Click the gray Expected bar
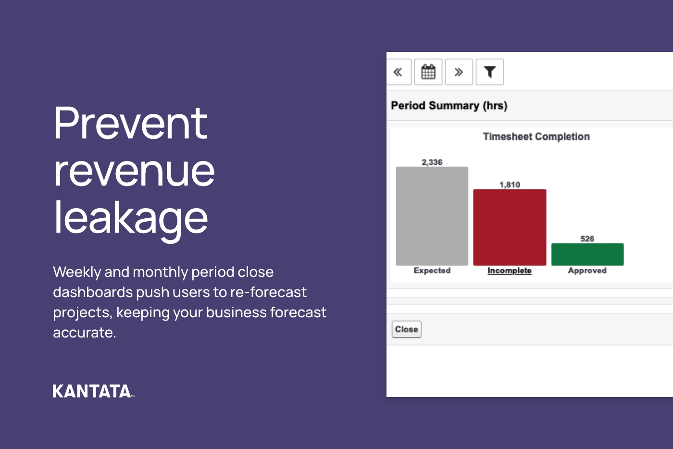click(x=432, y=216)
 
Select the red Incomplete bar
click(x=510, y=227)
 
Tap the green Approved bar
click(x=587, y=254)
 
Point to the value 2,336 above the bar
click(x=432, y=162)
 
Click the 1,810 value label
click(x=510, y=185)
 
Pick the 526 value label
click(x=587, y=239)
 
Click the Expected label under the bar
click(x=432, y=271)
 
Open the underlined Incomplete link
click(x=510, y=271)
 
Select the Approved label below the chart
click(x=587, y=271)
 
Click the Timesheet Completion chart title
click(x=536, y=137)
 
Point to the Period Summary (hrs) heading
click(x=449, y=106)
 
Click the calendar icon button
click(x=428, y=72)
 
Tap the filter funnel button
click(x=489, y=72)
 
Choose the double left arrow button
click(x=398, y=72)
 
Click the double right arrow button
click(x=459, y=72)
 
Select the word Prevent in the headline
click(x=130, y=124)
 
